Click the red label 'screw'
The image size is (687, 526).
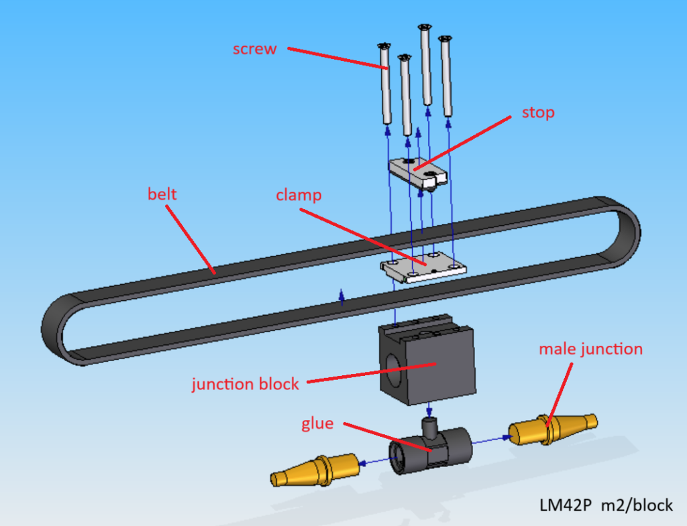tap(254, 49)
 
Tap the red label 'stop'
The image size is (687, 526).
tap(538, 113)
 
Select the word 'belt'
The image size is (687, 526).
tap(162, 194)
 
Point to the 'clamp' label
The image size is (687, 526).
tap(299, 196)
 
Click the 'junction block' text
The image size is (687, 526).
tap(245, 385)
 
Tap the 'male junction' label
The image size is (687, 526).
tap(590, 349)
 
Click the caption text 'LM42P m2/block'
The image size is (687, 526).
tap(606, 505)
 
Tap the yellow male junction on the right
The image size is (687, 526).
tap(551, 429)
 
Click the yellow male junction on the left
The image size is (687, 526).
tap(315, 468)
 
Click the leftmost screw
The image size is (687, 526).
tap(386, 84)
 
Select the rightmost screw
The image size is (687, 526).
tap(445, 77)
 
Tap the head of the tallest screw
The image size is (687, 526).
tap(424, 27)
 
